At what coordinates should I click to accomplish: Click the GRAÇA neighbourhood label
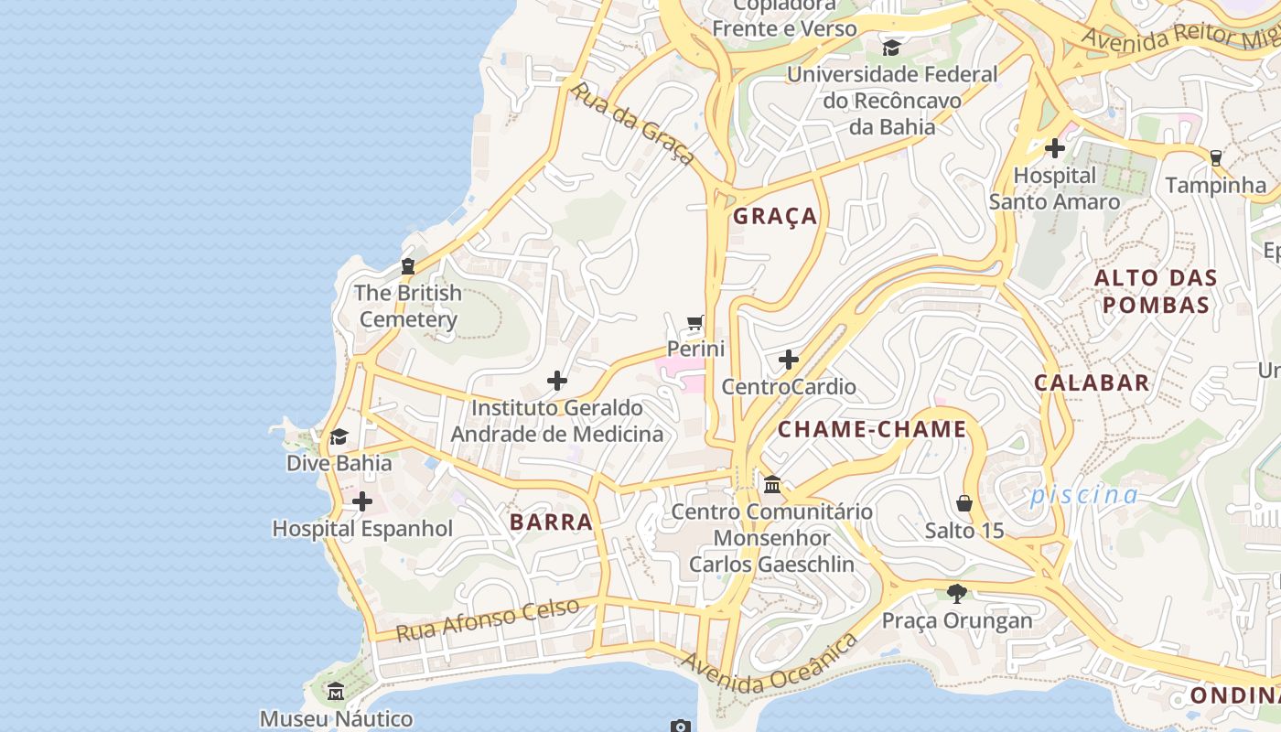[x=775, y=217]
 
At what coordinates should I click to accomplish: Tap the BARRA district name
[x=551, y=522]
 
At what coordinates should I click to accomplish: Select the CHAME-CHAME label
[x=872, y=430]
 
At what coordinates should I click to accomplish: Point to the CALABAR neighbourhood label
[x=1092, y=383]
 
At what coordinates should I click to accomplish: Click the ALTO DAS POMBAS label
[x=1156, y=292]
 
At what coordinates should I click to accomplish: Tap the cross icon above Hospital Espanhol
[x=362, y=501]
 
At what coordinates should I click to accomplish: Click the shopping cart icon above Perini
[x=695, y=322]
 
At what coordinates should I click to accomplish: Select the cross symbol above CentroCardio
[x=788, y=360]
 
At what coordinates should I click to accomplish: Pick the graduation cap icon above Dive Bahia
[x=339, y=436]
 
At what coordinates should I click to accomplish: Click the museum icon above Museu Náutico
[x=336, y=691]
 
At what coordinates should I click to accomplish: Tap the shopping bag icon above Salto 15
[x=964, y=503]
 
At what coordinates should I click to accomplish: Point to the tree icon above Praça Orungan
[x=957, y=594]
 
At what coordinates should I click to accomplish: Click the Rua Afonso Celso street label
[x=488, y=619]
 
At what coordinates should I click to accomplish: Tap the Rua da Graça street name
[x=632, y=124]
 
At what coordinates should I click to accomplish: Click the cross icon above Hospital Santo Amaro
[x=1054, y=147]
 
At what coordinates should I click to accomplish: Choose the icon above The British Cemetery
[x=407, y=266]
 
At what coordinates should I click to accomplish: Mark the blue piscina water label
[x=1084, y=496]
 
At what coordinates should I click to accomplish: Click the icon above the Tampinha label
[x=1215, y=158]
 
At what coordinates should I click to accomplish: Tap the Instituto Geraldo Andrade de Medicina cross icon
[x=556, y=381]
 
